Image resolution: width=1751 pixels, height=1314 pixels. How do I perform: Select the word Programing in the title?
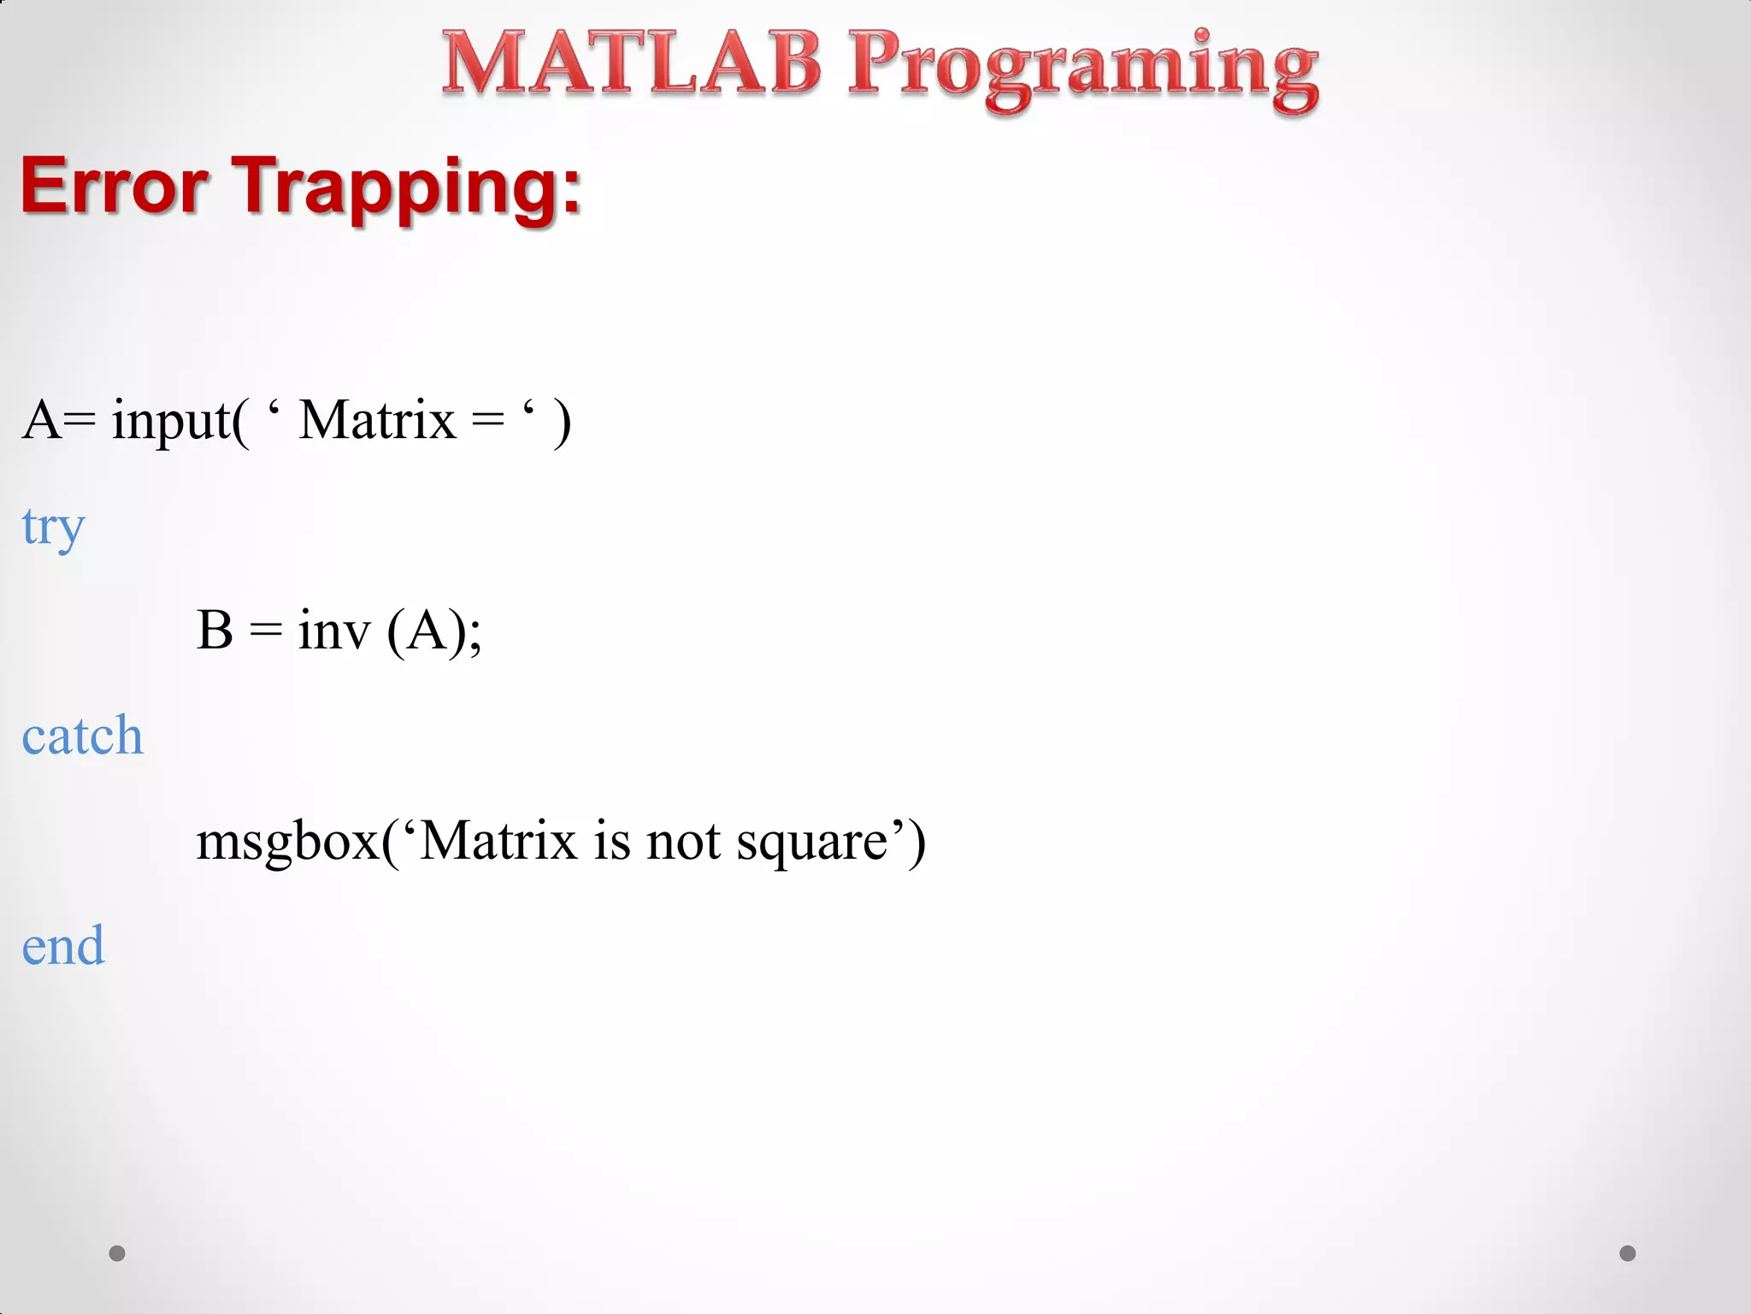[x=1082, y=68]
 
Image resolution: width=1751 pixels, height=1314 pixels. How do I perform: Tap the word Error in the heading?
[x=115, y=186]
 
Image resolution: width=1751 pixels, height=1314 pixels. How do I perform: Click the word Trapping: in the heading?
[x=407, y=189]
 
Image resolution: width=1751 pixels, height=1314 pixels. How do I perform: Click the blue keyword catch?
[x=82, y=737]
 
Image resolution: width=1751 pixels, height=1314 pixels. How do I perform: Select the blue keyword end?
[x=63, y=946]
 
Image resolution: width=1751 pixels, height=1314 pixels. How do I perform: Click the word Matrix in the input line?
[x=377, y=420]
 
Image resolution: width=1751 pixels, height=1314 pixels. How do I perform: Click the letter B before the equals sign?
[x=215, y=630]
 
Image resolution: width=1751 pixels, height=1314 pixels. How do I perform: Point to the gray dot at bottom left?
[x=117, y=1253]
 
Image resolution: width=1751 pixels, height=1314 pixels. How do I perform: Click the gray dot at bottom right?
[x=1628, y=1253]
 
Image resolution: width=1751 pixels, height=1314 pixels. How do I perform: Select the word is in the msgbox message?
[x=612, y=841]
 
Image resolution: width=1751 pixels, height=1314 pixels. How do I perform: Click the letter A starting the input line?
[x=42, y=420]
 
